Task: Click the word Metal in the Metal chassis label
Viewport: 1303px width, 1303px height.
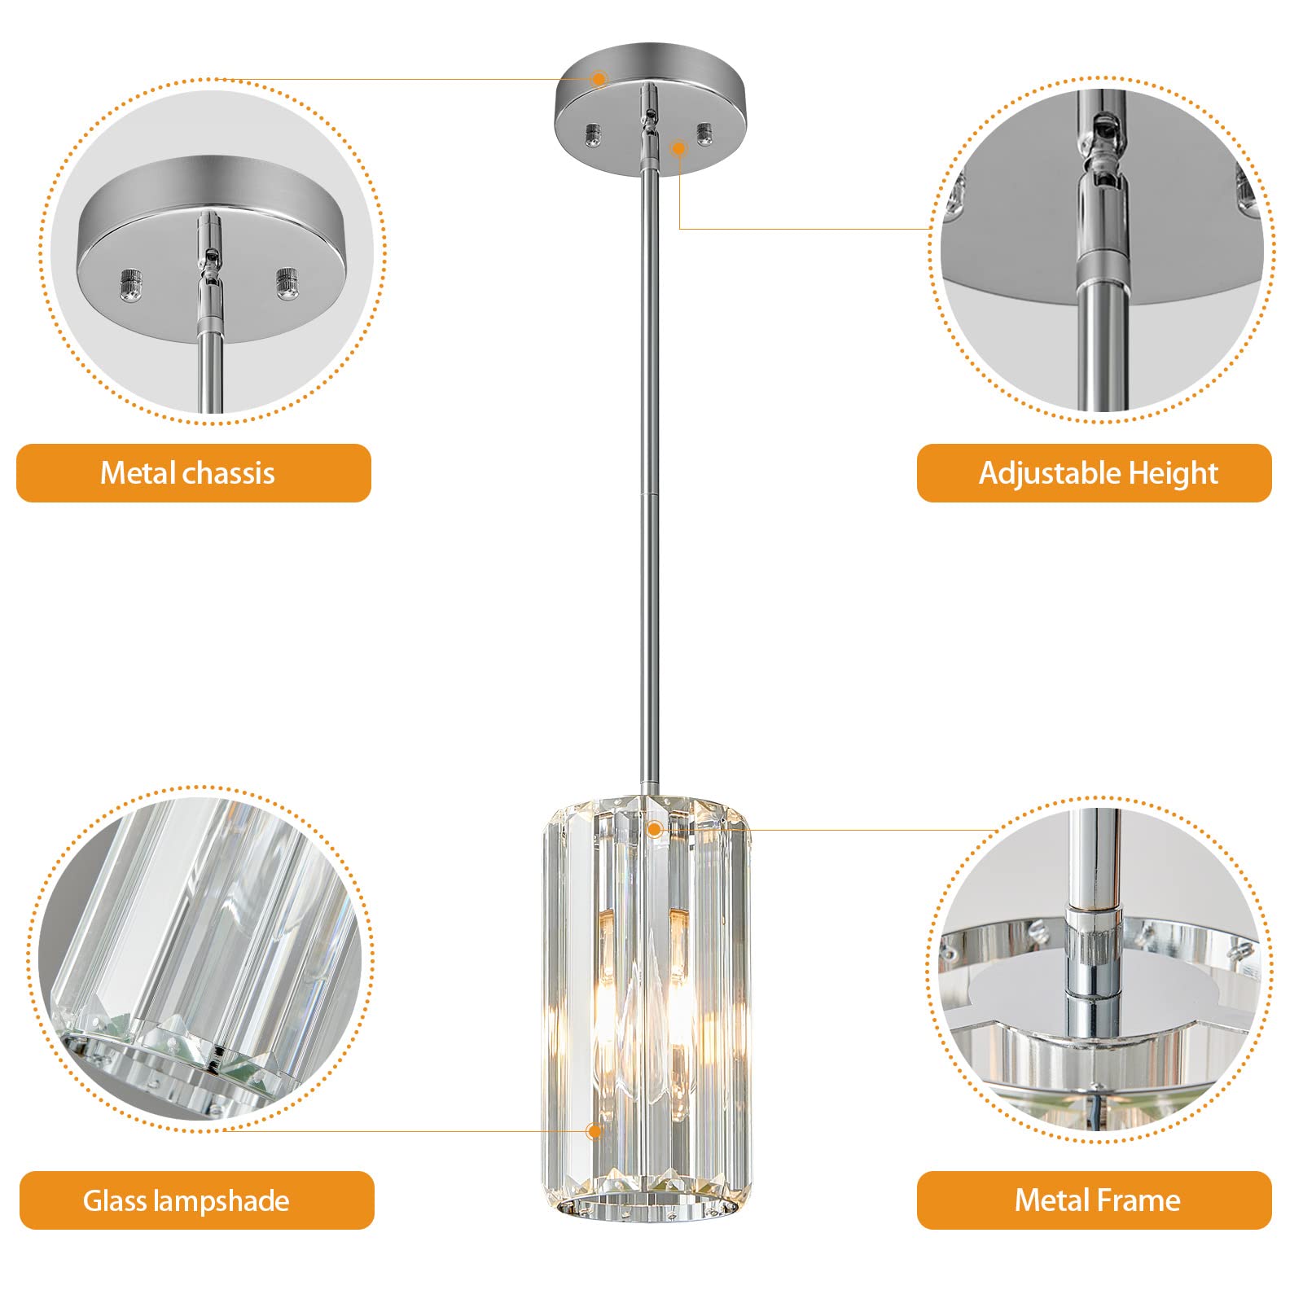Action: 138,473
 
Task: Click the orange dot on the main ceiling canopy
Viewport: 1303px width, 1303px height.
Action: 599,79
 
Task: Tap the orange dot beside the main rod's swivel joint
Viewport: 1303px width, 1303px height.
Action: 678,148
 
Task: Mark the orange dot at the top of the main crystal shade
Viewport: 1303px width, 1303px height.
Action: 653,830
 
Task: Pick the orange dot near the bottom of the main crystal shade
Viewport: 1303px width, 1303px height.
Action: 594,1131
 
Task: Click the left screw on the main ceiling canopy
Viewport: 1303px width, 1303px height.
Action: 594,134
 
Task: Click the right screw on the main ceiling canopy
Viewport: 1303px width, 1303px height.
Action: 704,132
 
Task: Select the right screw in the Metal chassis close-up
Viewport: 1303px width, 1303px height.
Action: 287,283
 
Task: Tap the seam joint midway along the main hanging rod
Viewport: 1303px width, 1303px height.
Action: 648,494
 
